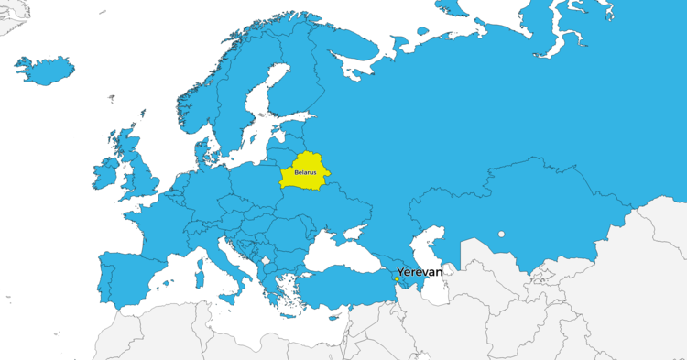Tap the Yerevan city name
[420, 272]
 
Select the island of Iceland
[44, 69]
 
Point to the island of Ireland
[105, 173]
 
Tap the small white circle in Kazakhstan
[501, 234]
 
